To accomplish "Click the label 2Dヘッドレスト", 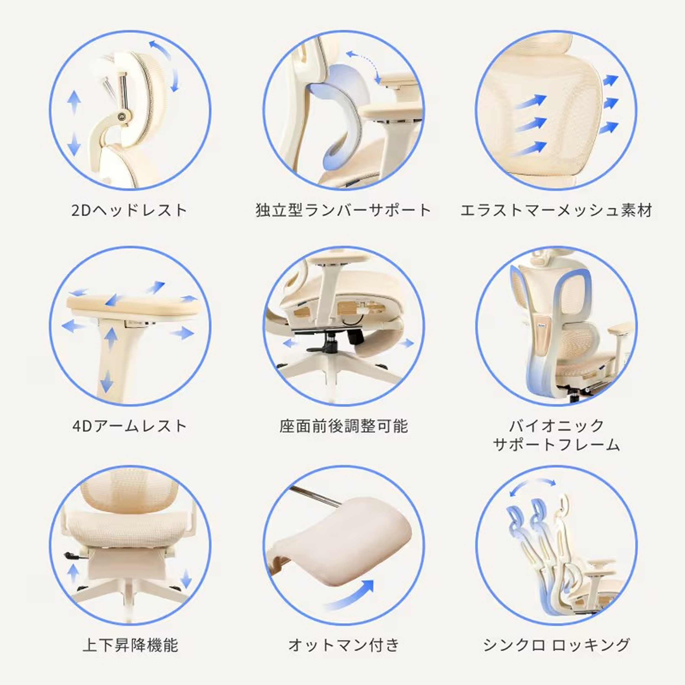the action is tap(129, 210).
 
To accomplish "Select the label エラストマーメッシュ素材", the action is tap(556, 210).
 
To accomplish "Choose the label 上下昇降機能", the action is tap(130, 645).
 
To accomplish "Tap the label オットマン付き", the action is tap(343, 645).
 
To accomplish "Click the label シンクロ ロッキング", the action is tap(556, 645).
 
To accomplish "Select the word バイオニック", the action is tap(556, 425).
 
